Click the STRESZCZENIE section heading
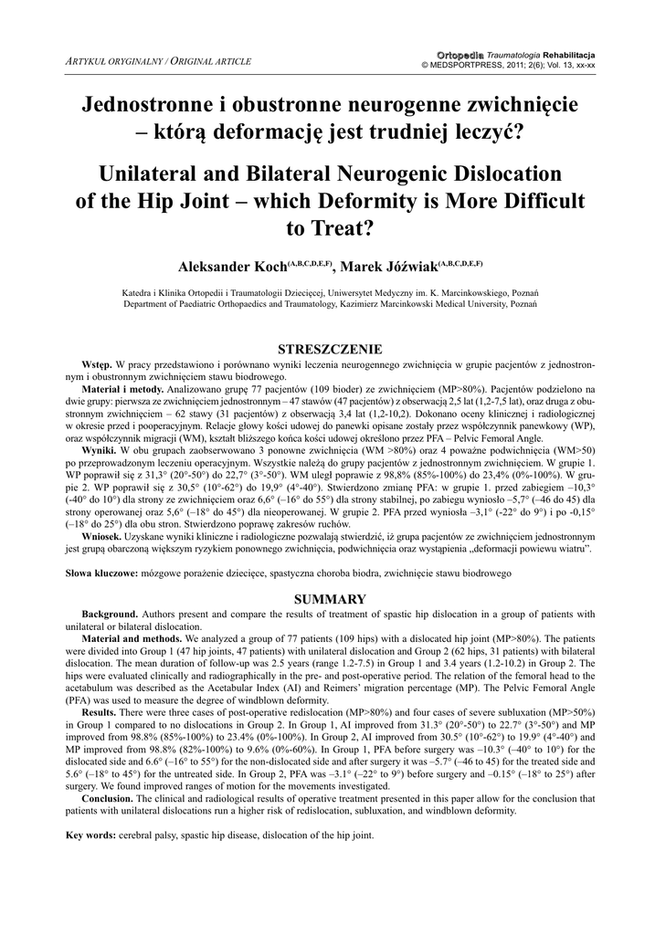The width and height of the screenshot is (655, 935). pyautogui.click(x=329, y=349)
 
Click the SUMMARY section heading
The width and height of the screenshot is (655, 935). pyautogui.click(x=329, y=599)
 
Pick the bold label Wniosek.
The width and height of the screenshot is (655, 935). pyautogui.click(x=101, y=538)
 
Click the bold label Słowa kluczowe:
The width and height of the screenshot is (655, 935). pyautogui.click(x=101, y=573)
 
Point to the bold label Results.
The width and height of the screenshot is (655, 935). pyautogui.click(x=99, y=710)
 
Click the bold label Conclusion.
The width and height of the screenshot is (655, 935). pyautogui.click(x=109, y=797)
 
